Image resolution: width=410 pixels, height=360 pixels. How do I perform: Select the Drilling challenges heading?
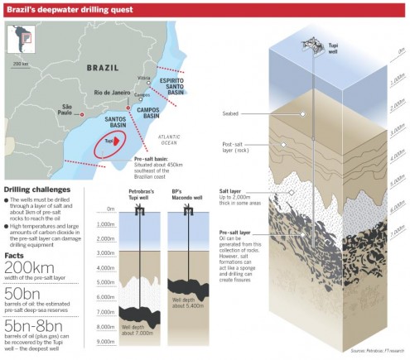point(42,189)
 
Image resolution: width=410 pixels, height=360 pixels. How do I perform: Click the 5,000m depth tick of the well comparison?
point(105,281)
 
